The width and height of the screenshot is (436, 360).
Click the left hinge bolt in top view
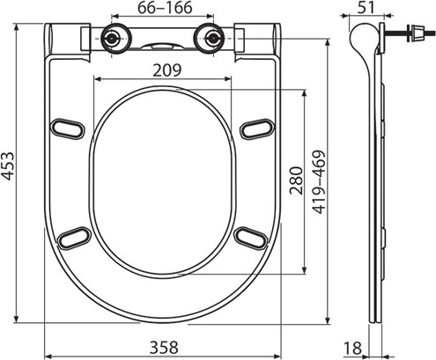click(112, 40)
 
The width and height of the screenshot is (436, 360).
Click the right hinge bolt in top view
click(211, 40)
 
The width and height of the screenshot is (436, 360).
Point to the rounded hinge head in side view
click(360, 40)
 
